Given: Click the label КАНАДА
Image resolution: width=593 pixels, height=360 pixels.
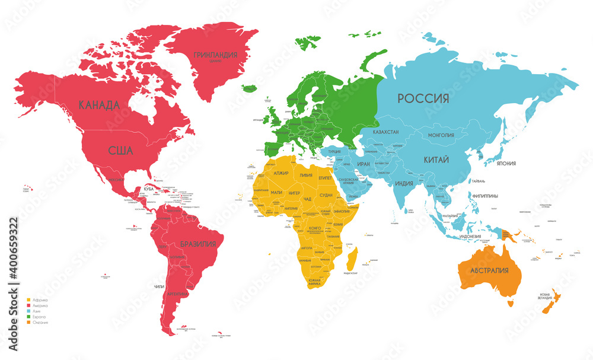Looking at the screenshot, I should pyautogui.click(x=100, y=105).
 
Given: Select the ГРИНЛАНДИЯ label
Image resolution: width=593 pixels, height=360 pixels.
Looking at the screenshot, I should pyautogui.click(x=216, y=55).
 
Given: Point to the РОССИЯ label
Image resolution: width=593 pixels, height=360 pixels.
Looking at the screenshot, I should pyautogui.click(x=423, y=98).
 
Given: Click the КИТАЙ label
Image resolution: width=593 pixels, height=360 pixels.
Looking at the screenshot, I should pyautogui.click(x=435, y=160).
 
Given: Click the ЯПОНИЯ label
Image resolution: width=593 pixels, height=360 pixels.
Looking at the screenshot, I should pyautogui.click(x=506, y=164).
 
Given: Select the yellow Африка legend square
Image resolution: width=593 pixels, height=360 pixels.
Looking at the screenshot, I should pyautogui.click(x=28, y=301).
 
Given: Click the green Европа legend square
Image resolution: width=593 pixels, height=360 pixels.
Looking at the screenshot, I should pyautogui.click(x=28, y=317).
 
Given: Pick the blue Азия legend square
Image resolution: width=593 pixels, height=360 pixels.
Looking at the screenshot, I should pyautogui.click(x=28, y=312).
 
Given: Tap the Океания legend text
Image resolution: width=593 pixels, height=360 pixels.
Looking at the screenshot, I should pyautogui.click(x=40, y=323).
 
